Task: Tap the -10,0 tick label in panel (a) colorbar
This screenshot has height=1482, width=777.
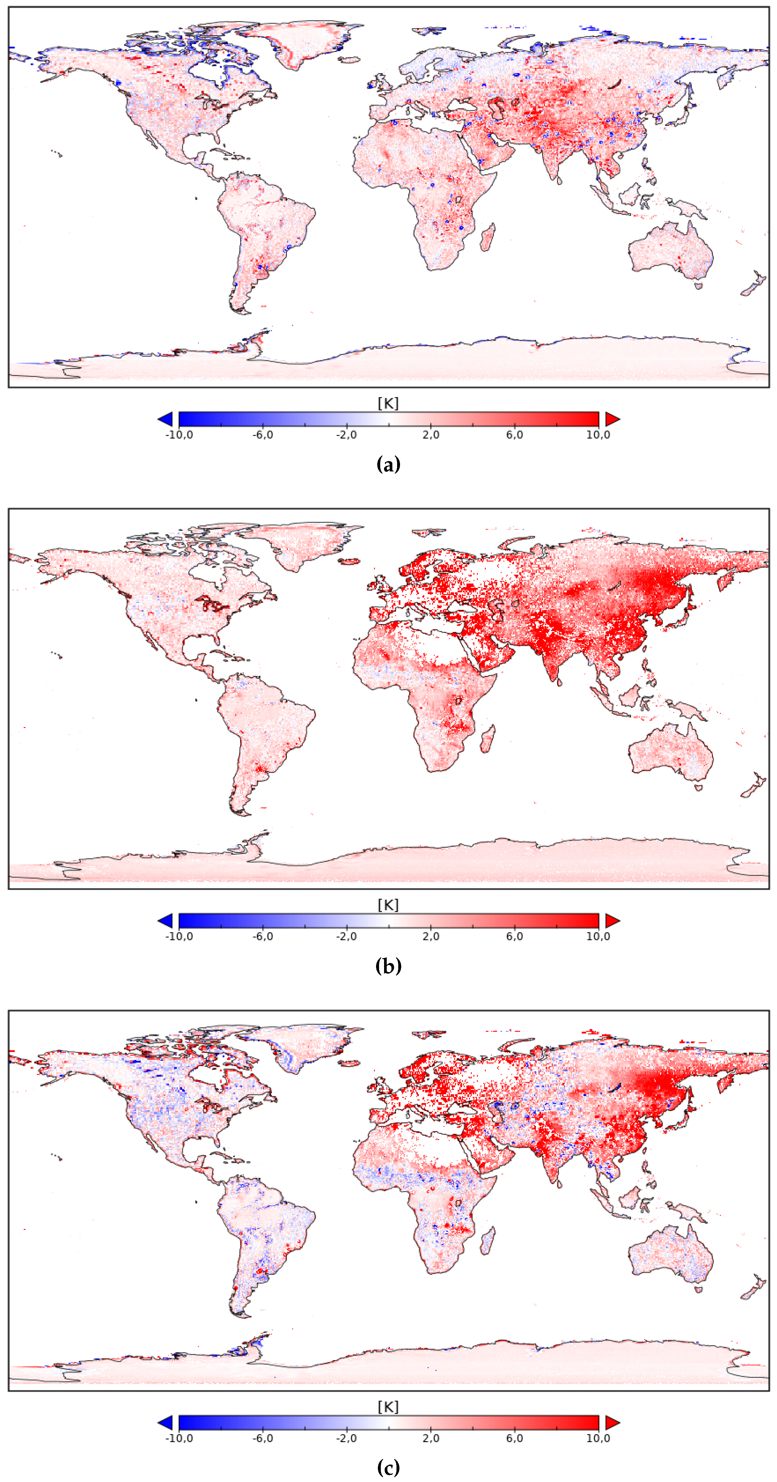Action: click(x=179, y=435)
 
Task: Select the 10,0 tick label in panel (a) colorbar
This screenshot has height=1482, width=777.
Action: click(x=598, y=435)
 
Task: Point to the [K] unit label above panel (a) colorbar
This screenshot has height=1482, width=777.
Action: click(x=388, y=403)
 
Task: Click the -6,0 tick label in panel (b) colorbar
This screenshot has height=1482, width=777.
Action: click(x=263, y=937)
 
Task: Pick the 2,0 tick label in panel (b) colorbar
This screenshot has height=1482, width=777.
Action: click(x=431, y=937)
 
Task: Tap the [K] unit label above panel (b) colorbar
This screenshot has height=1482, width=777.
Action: click(x=388, y=905)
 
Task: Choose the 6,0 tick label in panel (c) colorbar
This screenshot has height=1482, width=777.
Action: click(x=515, y=1438)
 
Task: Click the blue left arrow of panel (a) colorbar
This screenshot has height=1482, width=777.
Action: click(x=166, y=419)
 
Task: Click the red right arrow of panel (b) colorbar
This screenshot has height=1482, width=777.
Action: click(x=612, y=920)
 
